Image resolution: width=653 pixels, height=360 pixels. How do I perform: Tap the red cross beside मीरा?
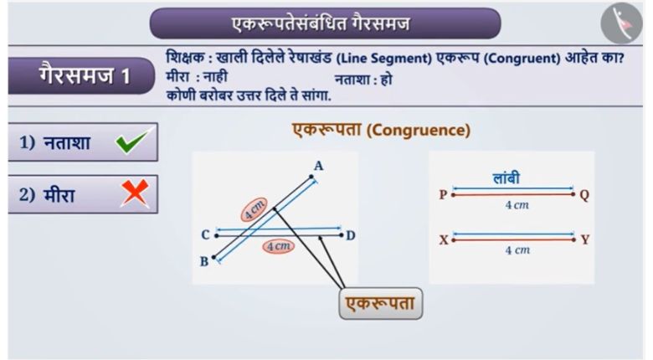pos(135,193)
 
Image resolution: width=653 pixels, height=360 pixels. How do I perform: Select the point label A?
pos(319,167)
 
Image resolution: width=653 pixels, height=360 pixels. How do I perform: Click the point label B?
pos(204,262)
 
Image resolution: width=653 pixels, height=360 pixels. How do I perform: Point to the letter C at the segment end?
pos(205,235)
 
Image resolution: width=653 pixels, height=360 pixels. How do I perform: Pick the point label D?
pos(351,236)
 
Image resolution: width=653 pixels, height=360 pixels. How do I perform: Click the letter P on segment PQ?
pos(443,194)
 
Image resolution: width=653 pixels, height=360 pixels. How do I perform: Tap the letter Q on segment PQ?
pos(584,195)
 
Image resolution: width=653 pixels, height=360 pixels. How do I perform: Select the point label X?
pos(444,240)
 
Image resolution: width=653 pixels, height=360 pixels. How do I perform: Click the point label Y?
pos(585,239)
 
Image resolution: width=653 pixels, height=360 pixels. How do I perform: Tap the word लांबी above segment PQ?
pos(506,178)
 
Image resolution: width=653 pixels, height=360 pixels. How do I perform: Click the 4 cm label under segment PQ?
pos(517,205)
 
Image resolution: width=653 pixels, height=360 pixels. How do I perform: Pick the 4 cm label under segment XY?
pos(517,250)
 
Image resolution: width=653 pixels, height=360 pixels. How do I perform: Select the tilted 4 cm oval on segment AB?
pos(254,209)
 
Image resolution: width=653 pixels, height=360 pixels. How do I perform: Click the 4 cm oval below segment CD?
pos(278,247)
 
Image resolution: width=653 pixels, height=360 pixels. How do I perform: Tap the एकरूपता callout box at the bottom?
pos(381,304)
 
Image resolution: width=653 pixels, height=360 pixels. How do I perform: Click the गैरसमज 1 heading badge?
pos(81,76)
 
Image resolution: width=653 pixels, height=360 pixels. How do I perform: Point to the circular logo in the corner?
pos(621,23)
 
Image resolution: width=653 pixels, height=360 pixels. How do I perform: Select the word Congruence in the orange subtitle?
pos(419,130)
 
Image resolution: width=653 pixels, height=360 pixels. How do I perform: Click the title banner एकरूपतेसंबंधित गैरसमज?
pos(325,23)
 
